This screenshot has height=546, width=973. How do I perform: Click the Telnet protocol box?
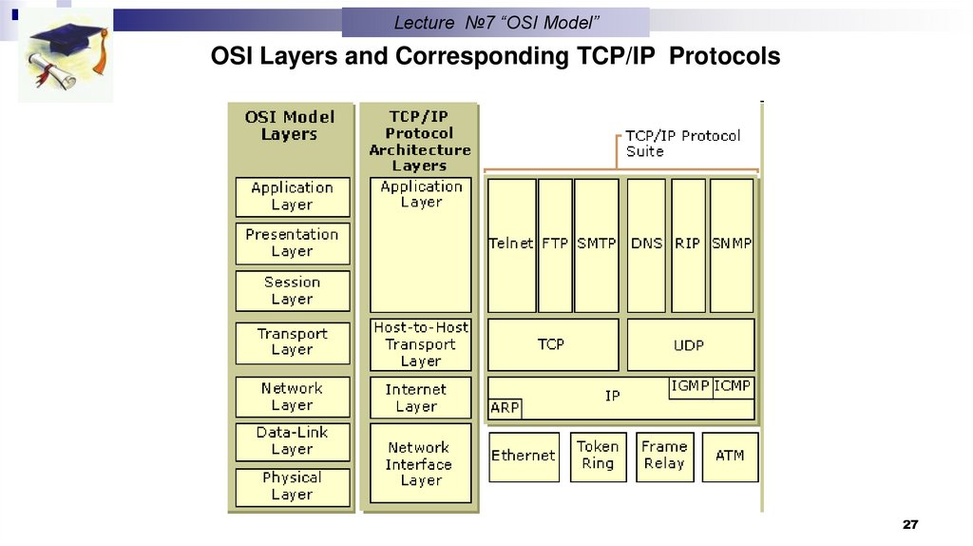pyautogui.click(x=511, y=244)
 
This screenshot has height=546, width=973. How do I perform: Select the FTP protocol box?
pyautogui.click(x=555, y=244)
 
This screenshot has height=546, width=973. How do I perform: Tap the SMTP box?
pyautogui.click(x=597, y=244)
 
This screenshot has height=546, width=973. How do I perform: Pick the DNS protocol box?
pyautogui.click(x=646, y=244)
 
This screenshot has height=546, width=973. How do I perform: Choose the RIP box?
pyautogui.click(x=688, y=244)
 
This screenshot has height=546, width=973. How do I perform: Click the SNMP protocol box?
pyautogui.click(x=732, y=244)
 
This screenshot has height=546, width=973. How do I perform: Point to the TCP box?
pyautogui.click(x=552, y=344)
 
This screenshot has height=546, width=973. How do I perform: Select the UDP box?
pyautogui.click(x=690, y=344)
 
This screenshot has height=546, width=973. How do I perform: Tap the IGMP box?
pyautogui.click(x=691, y=386)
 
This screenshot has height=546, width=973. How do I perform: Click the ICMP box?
pyautogui.click(x=734, y=386)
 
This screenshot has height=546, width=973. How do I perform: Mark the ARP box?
pyautogui.click(x=505, y=408)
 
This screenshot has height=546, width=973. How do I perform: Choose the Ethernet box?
pyautogui.click(x=523, y=456)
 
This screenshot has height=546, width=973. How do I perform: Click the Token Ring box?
pyautogui.click(x=598, y=456)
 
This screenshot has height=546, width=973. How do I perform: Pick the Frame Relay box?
pyautogui.click(x=664, y=456)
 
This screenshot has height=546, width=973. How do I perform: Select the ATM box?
pyautogui.click(x=730, y=456)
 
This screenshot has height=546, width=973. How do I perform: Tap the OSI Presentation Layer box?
pyautogui.click(x=292, y=243)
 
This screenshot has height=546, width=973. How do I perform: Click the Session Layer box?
pyautogui.click(x=292, y=290)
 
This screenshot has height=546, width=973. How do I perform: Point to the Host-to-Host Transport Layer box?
pyautogui.click(x=420, y=344)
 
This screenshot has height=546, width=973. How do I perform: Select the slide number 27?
pyautogui.click(x=911, y=526)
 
